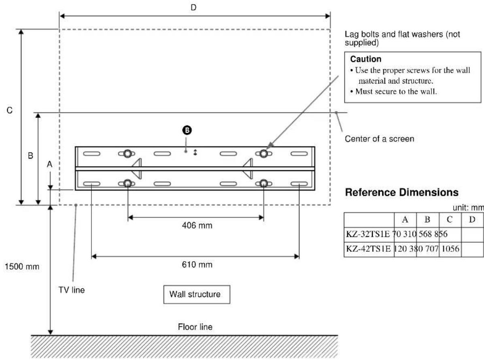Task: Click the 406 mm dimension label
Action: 196,226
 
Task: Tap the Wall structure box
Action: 197,294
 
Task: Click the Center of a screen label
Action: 379,139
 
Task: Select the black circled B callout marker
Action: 187,130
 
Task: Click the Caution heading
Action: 363,59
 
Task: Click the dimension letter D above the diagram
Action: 193,7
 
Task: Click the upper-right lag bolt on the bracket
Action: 263,153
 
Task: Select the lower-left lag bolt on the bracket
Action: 127,183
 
